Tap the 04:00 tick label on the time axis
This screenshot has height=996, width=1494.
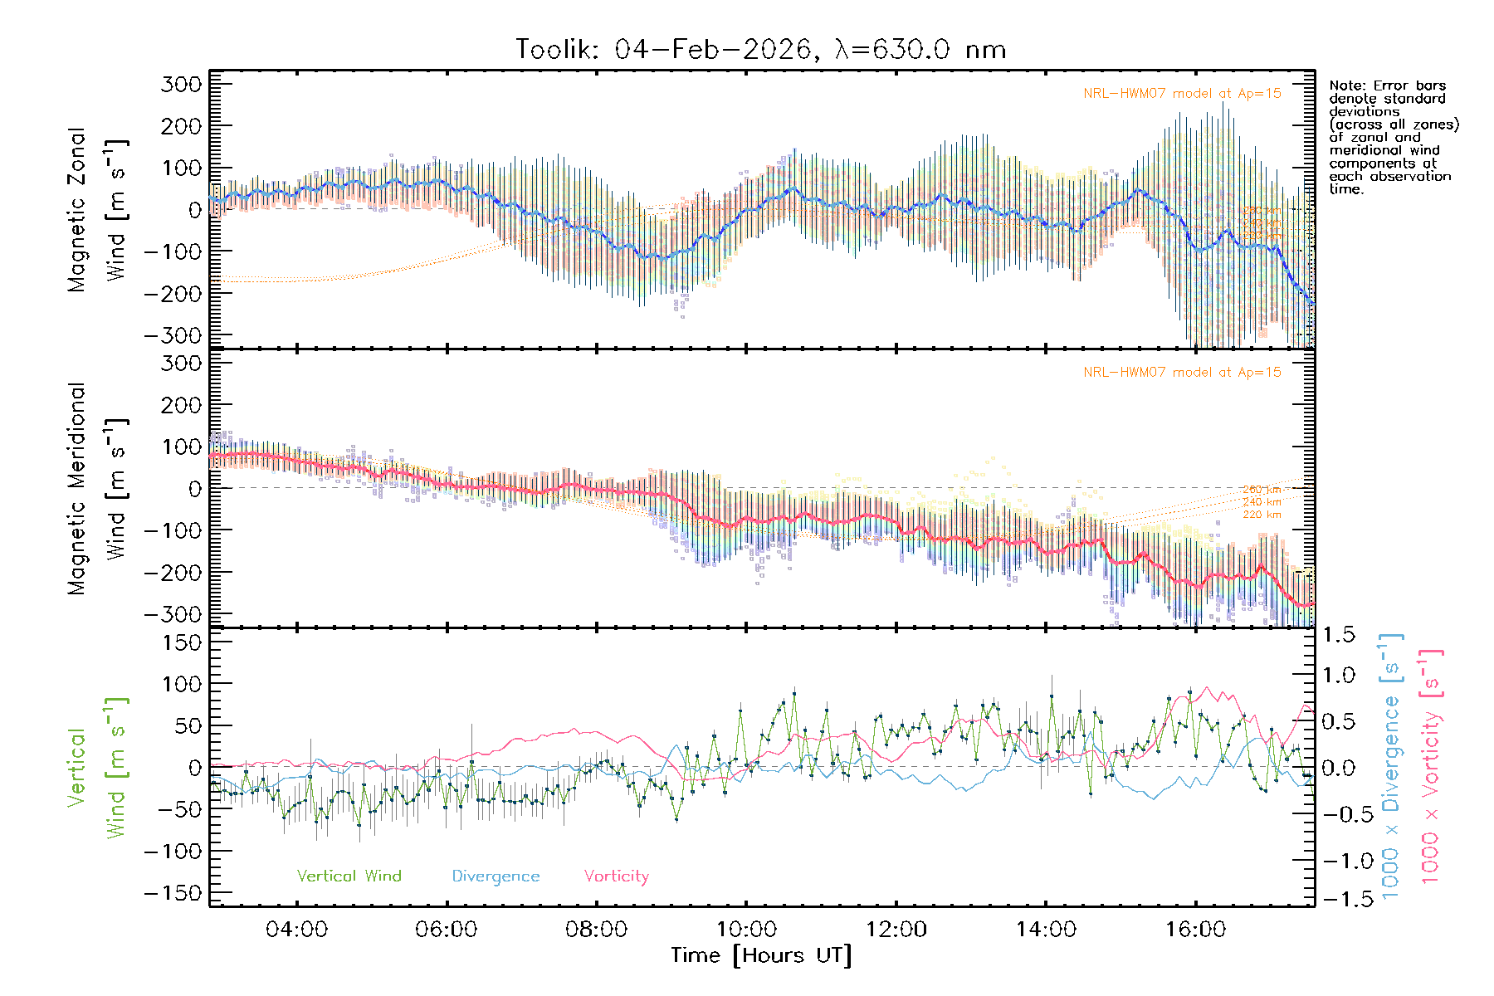click(x=296, y=930)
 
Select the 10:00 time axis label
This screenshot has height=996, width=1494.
click(x=746, y=930)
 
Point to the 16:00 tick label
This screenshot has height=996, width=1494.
click(x=1195, y=930)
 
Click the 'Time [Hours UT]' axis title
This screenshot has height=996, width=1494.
click(x=761, y=956)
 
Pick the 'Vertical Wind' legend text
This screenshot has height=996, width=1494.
click(x=349, y=876)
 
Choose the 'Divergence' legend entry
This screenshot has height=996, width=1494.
click(x=496, y=876)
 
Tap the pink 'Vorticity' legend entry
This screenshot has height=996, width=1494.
click(x=616, y=876)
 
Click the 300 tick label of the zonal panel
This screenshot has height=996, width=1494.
click(x=182, y=84)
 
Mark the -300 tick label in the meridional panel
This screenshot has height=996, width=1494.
click(x=173, y=614)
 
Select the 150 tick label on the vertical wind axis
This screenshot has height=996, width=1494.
click(x=182, y=642)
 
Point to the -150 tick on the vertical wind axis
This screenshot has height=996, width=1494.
click(x=173, y=893)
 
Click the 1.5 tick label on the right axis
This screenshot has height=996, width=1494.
click(x=1338, y=635)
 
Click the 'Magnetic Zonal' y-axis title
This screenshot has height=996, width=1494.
click(x=76, y=209)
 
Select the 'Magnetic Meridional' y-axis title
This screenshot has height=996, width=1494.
click(x=76, y=489)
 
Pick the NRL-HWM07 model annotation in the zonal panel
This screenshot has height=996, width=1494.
click(x=1182, y=94)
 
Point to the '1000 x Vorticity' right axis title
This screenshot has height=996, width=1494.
click(x=1431, y=766)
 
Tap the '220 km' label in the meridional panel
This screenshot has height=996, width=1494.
click(x=1262, y=515)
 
